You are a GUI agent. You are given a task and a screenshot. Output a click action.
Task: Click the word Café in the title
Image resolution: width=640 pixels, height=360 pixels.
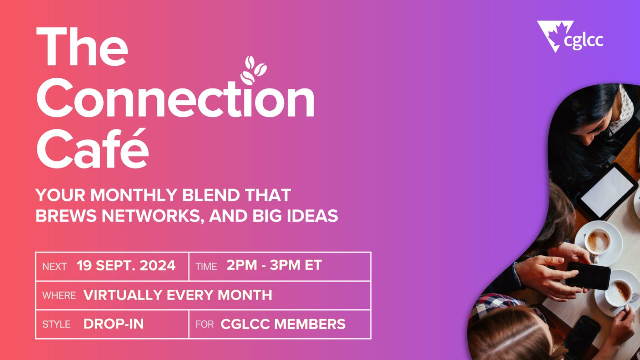(x=92, y=148)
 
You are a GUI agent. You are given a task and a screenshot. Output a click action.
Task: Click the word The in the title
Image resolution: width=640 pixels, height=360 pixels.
(x=82, y=47)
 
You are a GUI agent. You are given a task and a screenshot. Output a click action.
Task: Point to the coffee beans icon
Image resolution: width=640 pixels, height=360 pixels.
(x=253, y=70)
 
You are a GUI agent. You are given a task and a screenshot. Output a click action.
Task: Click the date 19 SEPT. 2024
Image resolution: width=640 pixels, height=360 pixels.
(x=126, y=266)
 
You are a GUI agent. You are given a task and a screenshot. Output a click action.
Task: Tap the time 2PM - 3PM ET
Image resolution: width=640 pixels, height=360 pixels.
(x=274, y=265)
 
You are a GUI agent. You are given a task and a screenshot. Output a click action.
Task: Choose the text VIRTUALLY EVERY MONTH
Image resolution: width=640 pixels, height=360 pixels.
(x=177, y=295)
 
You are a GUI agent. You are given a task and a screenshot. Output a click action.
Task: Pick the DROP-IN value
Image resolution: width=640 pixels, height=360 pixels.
(x=113, y=324)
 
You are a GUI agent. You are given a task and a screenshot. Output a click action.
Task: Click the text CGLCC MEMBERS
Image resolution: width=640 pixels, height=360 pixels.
(x=283, y=324)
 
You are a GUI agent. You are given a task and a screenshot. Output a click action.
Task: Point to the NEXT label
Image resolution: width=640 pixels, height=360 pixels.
(x=54, y=267)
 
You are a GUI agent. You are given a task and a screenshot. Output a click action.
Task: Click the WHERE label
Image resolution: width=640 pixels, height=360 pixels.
(x=59, y=296)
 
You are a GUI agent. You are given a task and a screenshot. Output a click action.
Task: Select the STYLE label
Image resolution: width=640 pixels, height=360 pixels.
(x=56, y=324)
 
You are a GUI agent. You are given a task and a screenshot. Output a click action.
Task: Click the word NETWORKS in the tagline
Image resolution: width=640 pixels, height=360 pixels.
(x=153, y=216)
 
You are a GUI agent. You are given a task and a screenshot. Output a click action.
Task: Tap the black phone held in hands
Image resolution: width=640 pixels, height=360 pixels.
(x=588, y=276)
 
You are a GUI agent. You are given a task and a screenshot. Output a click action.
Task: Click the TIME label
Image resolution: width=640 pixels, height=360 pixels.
(x=206, y=267)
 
